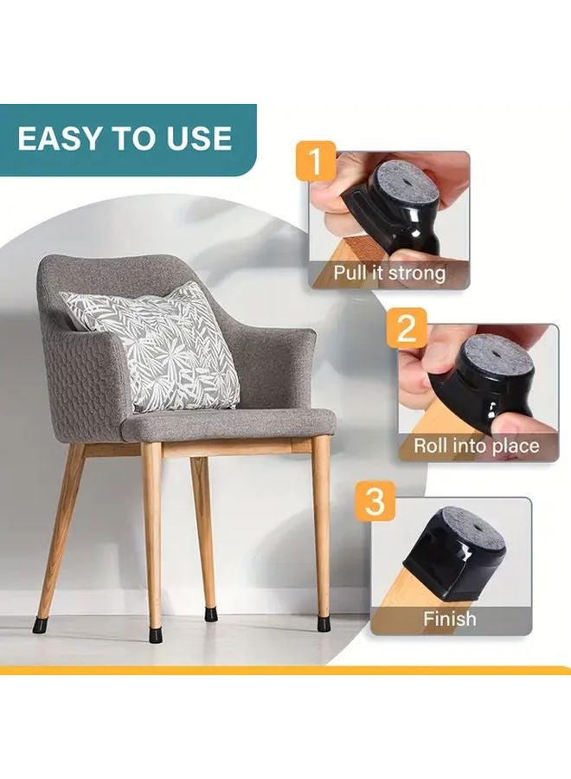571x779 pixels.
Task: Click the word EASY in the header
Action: coord(61,138)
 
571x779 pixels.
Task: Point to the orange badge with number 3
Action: coord(375,502)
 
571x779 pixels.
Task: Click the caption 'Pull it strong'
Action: coord(390,274)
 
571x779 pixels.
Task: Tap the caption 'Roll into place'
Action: coord(475,446)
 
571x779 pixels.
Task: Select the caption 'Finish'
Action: coord(449,619)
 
